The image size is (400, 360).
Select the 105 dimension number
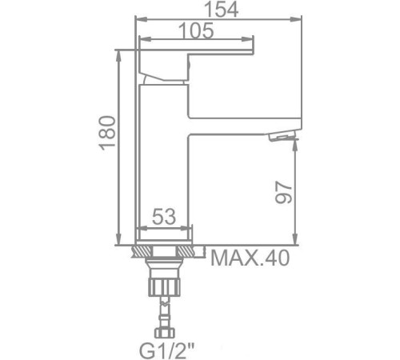(x=196, y=31)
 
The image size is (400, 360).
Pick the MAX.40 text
(x=250, y=258)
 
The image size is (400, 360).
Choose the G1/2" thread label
(x=169, y=350)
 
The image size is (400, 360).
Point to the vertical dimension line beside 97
(x=296, y=192)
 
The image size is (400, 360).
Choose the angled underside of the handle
(x=165, y=75)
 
